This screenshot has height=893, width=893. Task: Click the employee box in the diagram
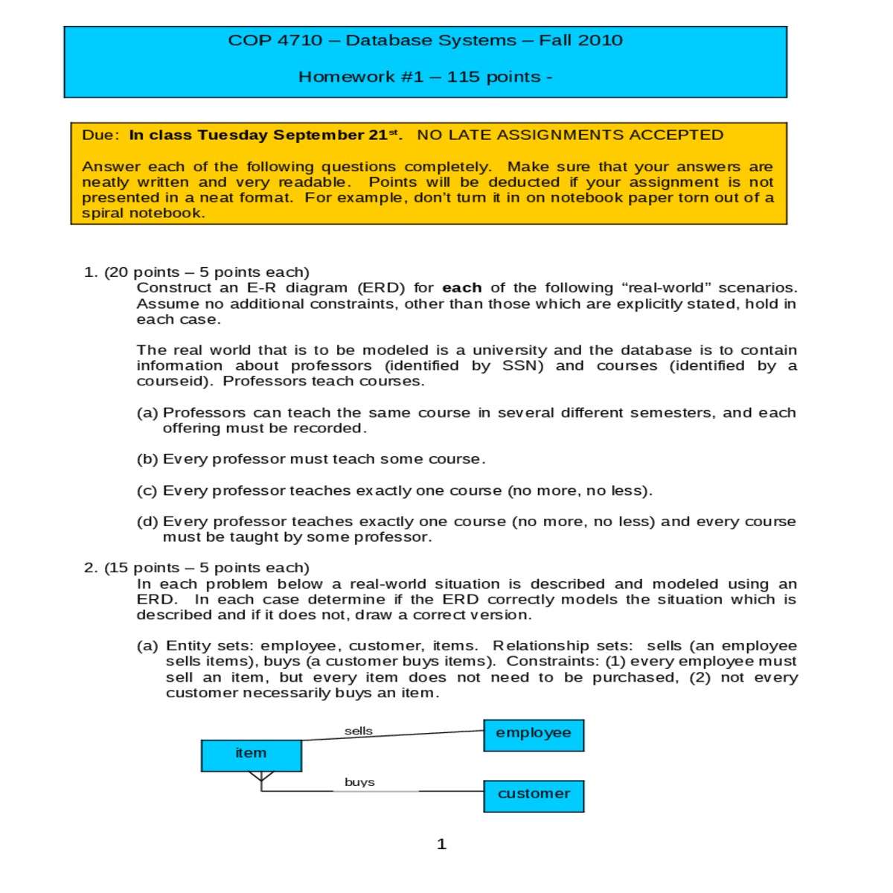tap(534, 735)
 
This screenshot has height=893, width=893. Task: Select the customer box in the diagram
tap(534, 796)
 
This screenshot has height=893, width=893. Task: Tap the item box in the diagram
tap(252, 755)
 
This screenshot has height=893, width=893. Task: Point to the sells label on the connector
tap(359, 731)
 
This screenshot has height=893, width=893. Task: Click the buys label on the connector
tap(359, 782)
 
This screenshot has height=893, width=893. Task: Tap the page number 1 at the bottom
tap(441, 844)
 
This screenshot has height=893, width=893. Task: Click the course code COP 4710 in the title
tap(275, 41)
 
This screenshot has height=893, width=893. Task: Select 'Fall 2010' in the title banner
tap(580, 41)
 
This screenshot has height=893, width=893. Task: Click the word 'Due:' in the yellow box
tap(100, 135)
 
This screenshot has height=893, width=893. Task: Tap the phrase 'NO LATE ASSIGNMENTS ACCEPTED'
tap(570, 135)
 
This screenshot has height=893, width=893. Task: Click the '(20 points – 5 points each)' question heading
tap(207, 272)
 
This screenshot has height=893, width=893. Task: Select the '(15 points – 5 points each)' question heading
tap(207, 568)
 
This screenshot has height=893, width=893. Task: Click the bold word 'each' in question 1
tap(461, 288)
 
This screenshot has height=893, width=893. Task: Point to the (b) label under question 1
tap(147, 459)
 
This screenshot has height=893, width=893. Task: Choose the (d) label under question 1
tap(147, 522)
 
